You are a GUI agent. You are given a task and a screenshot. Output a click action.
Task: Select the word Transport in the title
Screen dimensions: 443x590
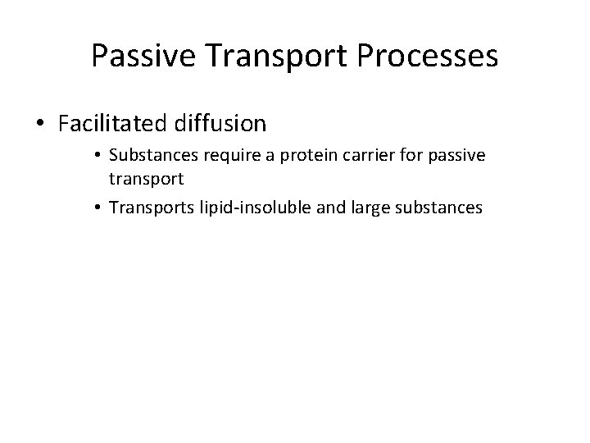coord(261,56)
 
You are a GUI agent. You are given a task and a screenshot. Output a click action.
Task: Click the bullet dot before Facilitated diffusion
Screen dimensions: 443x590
coord(41,125)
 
